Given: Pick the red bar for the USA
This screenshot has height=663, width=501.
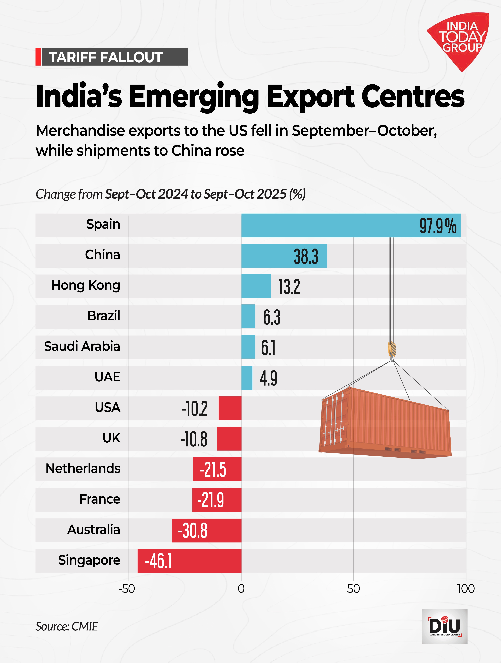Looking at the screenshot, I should click(x=230, y=408).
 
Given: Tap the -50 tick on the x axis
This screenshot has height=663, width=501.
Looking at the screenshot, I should click(x=127, y=589).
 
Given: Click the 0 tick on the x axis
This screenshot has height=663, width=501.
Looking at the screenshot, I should click(x=241, y=589).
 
